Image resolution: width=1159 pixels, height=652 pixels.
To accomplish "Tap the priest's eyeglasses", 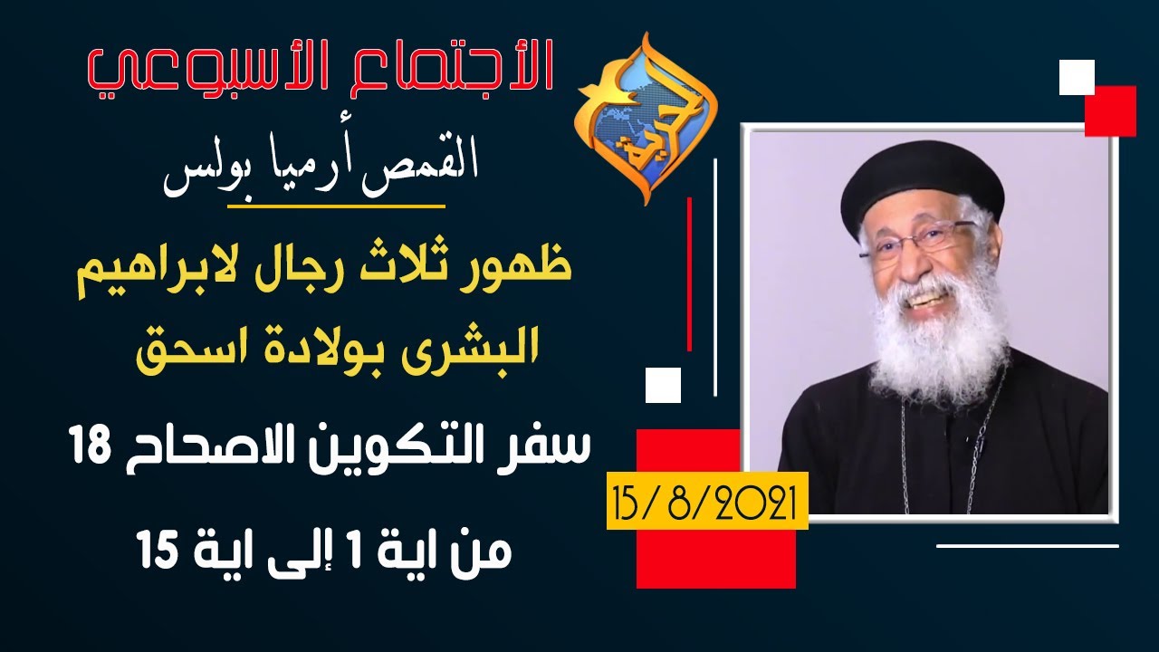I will tap(915, 241).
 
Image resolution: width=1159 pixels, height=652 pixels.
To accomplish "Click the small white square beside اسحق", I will tap(662, 385).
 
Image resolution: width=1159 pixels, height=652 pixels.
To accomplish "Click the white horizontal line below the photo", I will tap(1027, 546).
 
